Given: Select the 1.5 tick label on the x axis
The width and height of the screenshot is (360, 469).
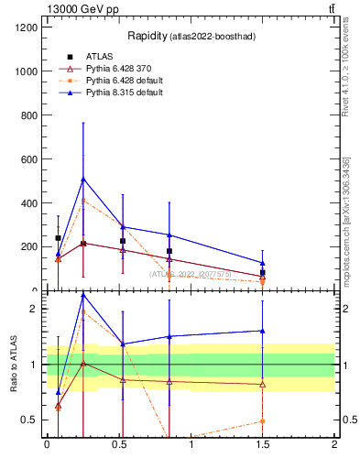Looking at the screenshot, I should (x=263, y=444).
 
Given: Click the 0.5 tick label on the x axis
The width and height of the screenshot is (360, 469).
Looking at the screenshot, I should (x=118, y=444).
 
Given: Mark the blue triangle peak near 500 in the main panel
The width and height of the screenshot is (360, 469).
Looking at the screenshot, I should (x=83, y=179).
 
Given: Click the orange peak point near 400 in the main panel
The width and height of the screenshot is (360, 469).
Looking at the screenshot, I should (x=83, y=200).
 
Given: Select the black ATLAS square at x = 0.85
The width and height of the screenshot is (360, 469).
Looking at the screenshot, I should (x=169, y=251).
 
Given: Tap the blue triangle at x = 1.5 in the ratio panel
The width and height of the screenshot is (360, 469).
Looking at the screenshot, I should (x=263, y=331).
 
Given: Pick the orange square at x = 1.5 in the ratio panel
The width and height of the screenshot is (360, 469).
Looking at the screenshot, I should (x=263, y=421).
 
